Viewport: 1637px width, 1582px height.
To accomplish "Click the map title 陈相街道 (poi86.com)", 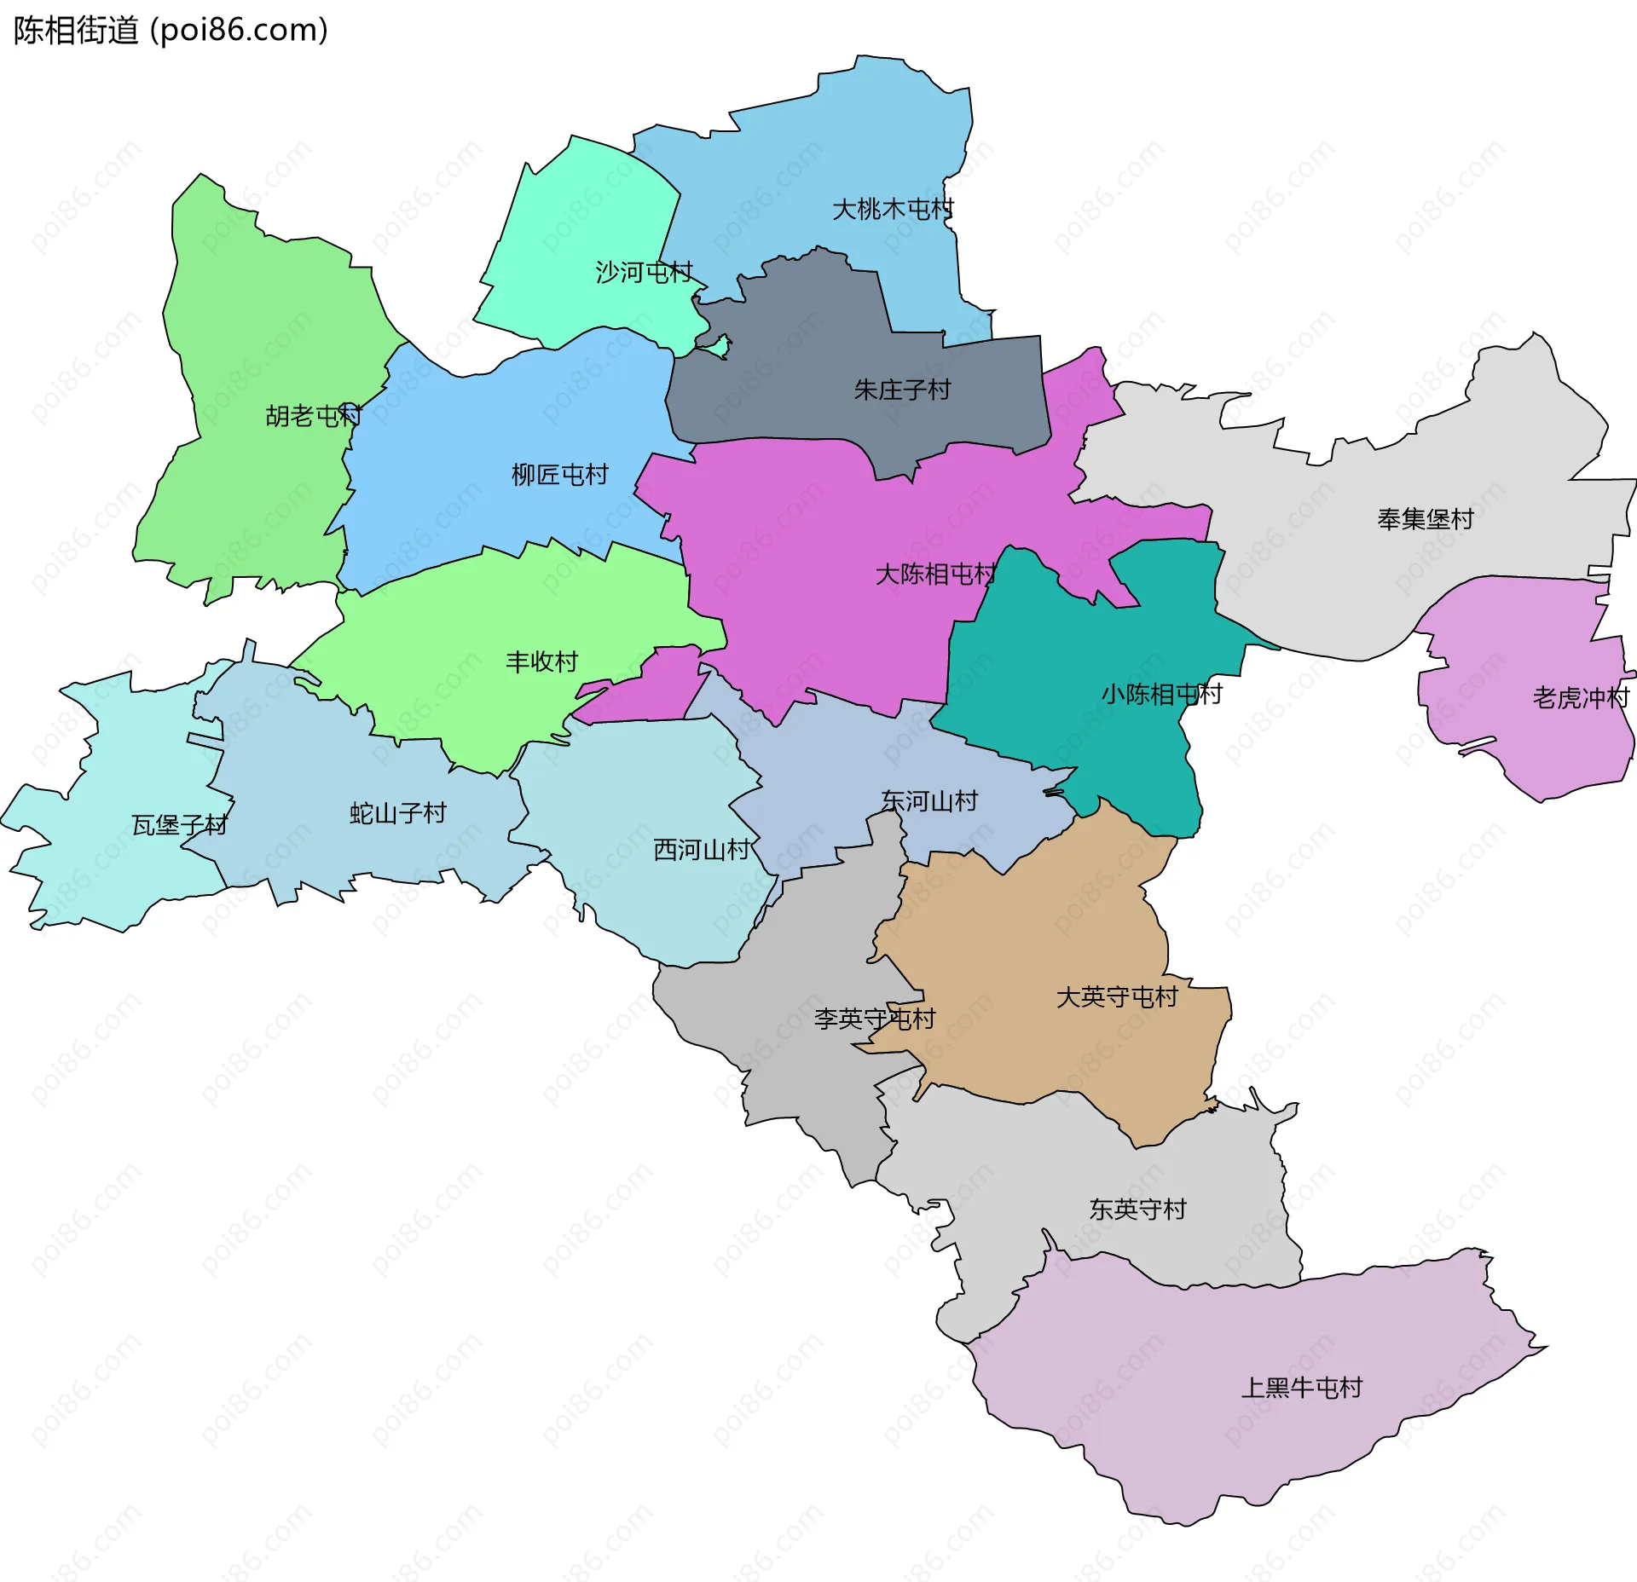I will (171, 31).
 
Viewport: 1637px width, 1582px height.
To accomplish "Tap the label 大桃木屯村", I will (893, 209).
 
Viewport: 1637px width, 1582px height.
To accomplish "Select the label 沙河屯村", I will (644, 273).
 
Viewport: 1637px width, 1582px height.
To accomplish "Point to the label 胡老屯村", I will (314, 416).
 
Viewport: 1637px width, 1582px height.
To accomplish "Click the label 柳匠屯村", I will (560, 475).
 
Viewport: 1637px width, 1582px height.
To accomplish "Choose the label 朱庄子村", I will (902, 390).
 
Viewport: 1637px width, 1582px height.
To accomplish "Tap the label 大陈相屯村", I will (935, 574).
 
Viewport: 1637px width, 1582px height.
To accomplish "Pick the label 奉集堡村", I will (1426, 519).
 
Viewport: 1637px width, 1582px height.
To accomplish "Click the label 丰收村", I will (541, 661).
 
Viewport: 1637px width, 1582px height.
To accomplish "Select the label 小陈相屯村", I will (1161, 695).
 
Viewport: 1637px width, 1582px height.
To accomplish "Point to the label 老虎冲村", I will (1580, 698).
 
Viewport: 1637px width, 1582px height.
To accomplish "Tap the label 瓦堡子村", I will (179, 825).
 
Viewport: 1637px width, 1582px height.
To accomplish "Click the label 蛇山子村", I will (398, 813).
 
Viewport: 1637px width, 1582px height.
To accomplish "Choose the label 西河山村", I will (701, 850).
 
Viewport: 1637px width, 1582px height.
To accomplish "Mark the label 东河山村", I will (929, 801).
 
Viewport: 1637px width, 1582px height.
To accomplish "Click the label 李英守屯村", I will (874, 1019).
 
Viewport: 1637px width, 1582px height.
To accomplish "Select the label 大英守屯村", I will (1117, 996).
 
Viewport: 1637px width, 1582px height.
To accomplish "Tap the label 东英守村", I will (1137, 1209).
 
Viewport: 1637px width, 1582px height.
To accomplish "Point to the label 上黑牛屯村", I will (1301, 1388).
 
